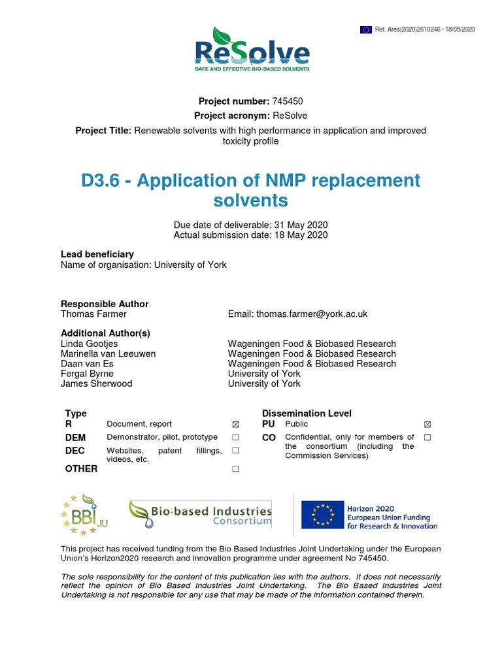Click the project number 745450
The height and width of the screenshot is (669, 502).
(288, 101)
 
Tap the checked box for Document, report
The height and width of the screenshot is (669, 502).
(235, 425)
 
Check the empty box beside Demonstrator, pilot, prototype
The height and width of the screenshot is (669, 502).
(235, 437)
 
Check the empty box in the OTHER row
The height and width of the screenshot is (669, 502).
(235, 469)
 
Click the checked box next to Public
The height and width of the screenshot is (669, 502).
(427, 425)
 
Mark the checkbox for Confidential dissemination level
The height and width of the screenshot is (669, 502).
(427, 437)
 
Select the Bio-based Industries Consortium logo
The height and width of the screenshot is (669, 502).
(200, 514)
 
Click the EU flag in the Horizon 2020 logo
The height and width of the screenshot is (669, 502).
(322, 515)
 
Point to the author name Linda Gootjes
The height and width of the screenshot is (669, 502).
(90, 344)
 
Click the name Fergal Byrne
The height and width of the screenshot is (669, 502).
(87, 374)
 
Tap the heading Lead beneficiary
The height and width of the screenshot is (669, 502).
(97, 254)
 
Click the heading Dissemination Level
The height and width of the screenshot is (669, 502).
(307, 413)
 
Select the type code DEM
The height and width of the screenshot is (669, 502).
(75, 437)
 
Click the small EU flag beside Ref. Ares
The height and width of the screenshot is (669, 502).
(365, 29)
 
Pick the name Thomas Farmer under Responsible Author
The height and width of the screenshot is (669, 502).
(93, 314)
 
